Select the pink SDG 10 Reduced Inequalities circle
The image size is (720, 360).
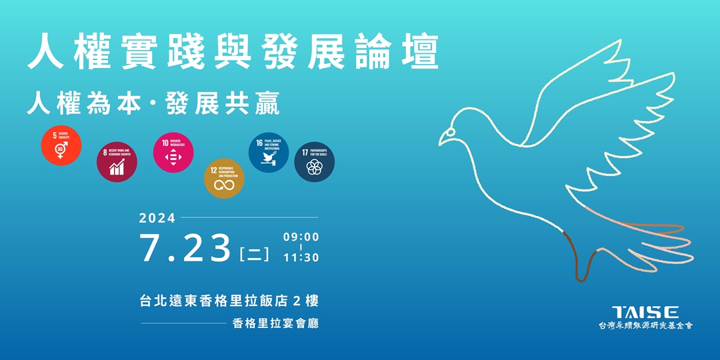(x=173, y=151)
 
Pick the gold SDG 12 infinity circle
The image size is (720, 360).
(x=224, y=178)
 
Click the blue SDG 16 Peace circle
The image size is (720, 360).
(x=269, y=153)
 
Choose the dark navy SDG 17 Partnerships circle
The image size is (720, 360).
(x=314, y=162)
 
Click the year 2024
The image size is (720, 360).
(x=157, y=218)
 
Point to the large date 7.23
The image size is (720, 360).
(x=185, y=247)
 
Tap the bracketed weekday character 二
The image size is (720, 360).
(x=254, y=254)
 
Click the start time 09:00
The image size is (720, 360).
(x=301, y=237)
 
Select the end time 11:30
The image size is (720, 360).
(x=301, y=257)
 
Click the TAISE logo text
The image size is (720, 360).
(x=645, y=312)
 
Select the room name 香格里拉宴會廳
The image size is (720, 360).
(x=276, y=324)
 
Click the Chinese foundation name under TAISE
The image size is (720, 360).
(x=645, y=326)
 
